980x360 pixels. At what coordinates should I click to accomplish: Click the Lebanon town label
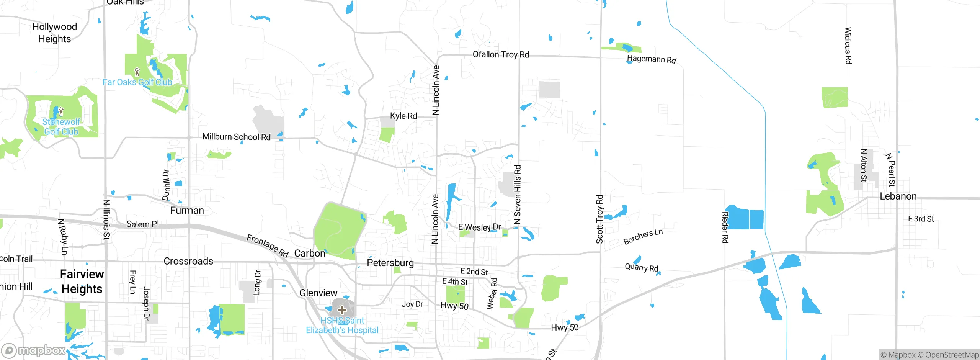898,196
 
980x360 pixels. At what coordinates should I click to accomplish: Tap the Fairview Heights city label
82,281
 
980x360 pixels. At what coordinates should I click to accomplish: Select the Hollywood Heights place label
54,33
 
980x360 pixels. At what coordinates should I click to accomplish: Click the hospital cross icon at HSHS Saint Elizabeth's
342,310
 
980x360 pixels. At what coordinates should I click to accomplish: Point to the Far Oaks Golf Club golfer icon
137,72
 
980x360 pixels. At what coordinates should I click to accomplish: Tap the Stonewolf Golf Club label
61,127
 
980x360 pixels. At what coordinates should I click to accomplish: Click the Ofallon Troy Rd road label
501,54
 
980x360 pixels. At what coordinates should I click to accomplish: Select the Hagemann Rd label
651,59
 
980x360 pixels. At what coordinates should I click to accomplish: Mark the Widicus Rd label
848,46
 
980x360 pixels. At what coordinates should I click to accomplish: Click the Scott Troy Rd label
599,219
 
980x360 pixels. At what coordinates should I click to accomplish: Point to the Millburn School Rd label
236,137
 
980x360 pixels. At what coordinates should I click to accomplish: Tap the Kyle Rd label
403,116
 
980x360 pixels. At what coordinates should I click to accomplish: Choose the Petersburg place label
390,263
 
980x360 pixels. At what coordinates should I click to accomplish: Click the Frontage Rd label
267,245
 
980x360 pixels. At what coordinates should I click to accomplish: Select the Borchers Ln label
643,236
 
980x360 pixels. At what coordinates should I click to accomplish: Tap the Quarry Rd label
641,267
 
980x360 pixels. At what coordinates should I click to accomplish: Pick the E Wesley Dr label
479,227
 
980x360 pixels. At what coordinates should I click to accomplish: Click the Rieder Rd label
725,227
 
